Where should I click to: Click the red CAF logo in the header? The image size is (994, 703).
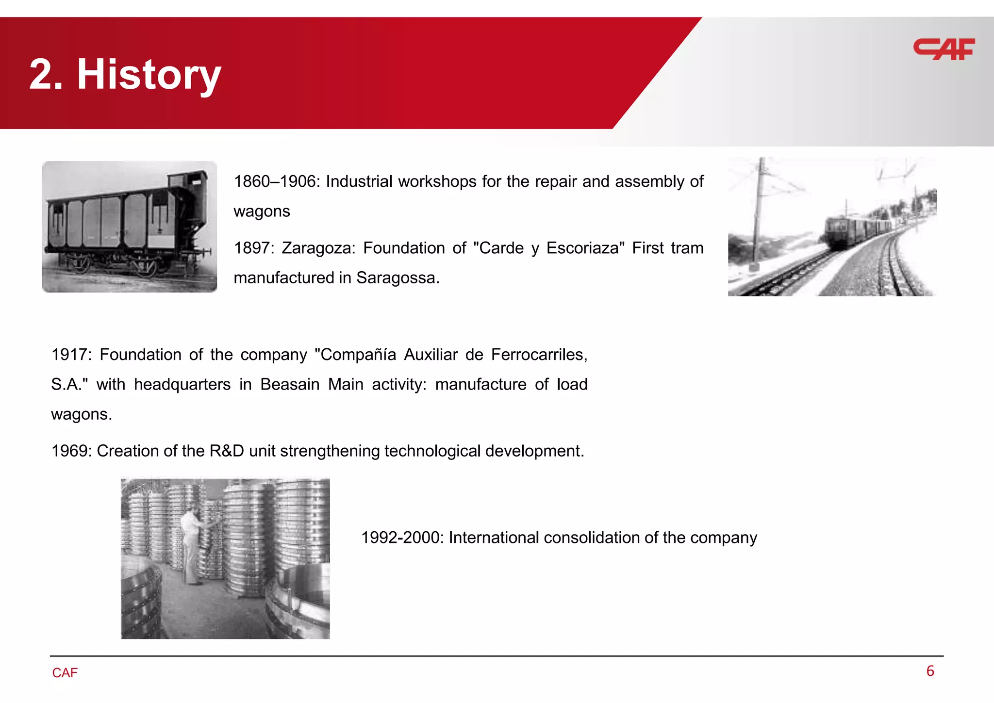[x=944, y=49]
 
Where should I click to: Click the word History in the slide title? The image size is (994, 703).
[x=149, y=74]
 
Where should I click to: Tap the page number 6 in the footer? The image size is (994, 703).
[x=930, y=671]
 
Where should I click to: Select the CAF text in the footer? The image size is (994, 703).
[x=65, y=673]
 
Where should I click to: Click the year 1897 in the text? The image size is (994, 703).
[x=251, y=248]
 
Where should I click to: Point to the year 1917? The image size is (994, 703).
[x=69, y=355]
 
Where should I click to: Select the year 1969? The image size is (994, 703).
[x=69, y=451]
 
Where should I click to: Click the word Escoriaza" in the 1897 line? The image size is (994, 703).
[x=585, y=248]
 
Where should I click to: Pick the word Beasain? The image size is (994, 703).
[x=290, y=384]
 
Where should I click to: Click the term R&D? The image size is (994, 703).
[x=227, y=451]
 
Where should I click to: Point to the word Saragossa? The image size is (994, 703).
[x=398, y=278]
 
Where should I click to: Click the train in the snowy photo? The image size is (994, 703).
[x=854, y=230]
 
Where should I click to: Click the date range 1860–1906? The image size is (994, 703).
[x=274, y=181]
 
